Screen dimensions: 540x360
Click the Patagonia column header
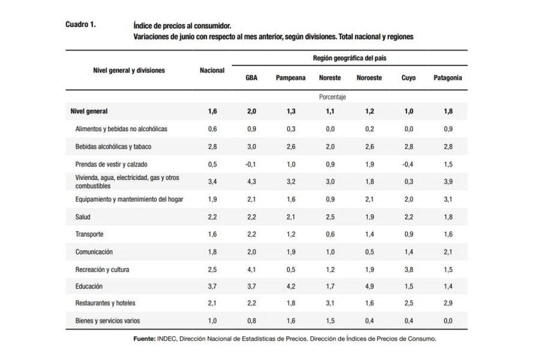click(448, 78)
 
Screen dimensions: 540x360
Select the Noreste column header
click(330, 78)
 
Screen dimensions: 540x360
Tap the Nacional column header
click(212, 70)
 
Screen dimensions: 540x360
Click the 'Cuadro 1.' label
click(80, 25)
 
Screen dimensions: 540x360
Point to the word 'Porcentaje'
click(332, 97)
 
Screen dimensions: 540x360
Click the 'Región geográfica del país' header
click(350, 58)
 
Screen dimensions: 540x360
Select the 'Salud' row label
click(83, 217)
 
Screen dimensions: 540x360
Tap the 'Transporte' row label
click(89, 234)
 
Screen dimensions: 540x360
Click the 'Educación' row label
click(89, 286)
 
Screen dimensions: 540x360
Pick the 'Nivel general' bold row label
click(89, 111)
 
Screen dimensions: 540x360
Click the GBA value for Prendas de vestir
click(250, 164)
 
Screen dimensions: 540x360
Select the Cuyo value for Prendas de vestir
click(408, 164)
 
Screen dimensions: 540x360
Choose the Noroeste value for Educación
click(370, 286)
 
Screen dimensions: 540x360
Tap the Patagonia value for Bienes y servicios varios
click(448, 321)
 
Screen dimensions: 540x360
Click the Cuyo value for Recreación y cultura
click(409, 269)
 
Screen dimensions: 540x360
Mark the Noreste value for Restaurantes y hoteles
click(330, 303)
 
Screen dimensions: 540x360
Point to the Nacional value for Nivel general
click(212, 111)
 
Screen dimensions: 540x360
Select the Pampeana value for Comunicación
click(291, 252)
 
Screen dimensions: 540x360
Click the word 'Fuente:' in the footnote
click(144, 338)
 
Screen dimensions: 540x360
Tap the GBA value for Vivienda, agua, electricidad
click(251, 182)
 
